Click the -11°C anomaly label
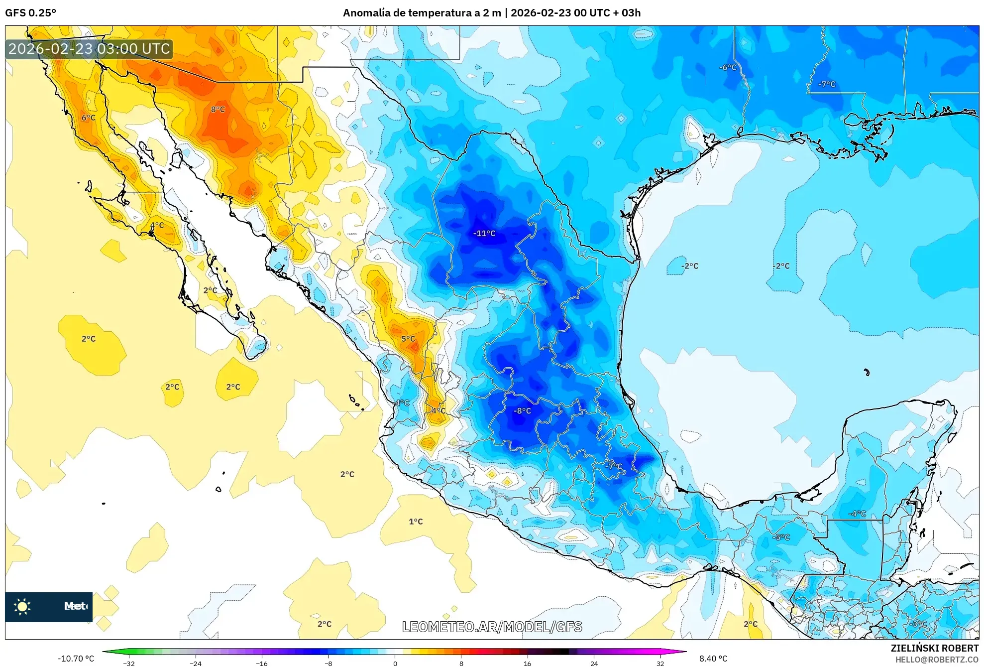tap(484, 233)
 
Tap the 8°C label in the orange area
tap(218, 109)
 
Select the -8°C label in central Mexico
tap(522, 411)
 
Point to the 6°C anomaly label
tap(89, 118)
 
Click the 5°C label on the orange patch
tap(408, 339)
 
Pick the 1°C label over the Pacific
tap(416, 522)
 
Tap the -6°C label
tap(728, 67)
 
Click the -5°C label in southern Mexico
tap(781, 537)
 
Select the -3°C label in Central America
tap(918, 624)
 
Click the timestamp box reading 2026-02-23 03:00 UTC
tap(89, 49)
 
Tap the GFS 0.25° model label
tap(30, 13)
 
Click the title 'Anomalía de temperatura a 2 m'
tap(422, 13)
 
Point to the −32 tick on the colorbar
tap(129, 663)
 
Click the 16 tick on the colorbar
tap(527, 663)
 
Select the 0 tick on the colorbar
tap(395, 663)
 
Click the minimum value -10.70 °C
tap(76, 659)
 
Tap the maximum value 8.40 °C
tap(713, 659)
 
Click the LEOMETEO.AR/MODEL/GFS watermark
tap(492, 627)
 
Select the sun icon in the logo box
tap(22, 606)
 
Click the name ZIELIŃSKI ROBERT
tap(934, 648)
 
